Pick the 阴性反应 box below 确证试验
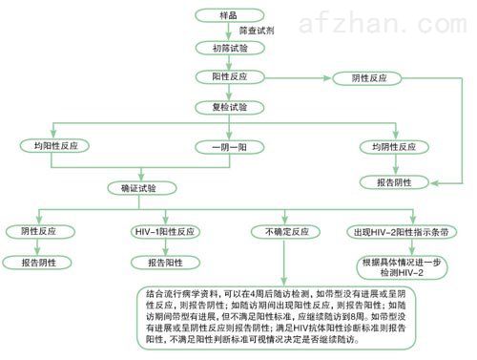(x=39, y=231)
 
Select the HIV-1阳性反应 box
(x=161, y=231)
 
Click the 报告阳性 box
(x=161, y=262)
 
